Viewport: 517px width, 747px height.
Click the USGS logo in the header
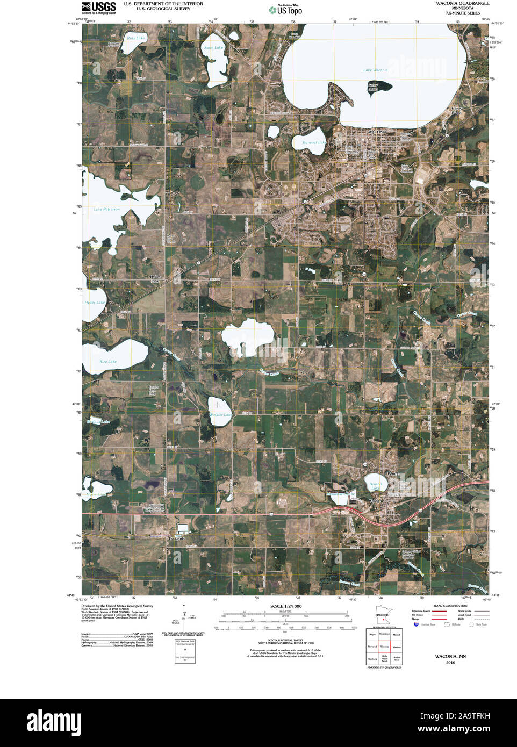99,7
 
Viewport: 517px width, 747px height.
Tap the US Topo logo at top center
286,10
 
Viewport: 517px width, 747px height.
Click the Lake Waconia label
375,70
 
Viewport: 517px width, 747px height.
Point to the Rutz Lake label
136,38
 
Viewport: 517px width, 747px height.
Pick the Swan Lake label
213,48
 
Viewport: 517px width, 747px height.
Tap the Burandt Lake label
314,142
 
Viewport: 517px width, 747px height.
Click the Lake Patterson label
107,209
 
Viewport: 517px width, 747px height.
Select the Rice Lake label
108,362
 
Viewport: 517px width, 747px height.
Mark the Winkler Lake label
220,415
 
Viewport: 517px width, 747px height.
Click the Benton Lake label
376,486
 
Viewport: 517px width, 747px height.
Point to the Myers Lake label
96,494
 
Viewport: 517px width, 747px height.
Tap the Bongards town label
177,538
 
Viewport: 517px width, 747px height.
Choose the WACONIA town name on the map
377,132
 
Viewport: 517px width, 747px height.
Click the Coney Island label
456,111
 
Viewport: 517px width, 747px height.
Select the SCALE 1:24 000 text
286,606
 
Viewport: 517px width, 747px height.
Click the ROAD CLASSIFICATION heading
450,606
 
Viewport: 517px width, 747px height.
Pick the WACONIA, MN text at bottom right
450,656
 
